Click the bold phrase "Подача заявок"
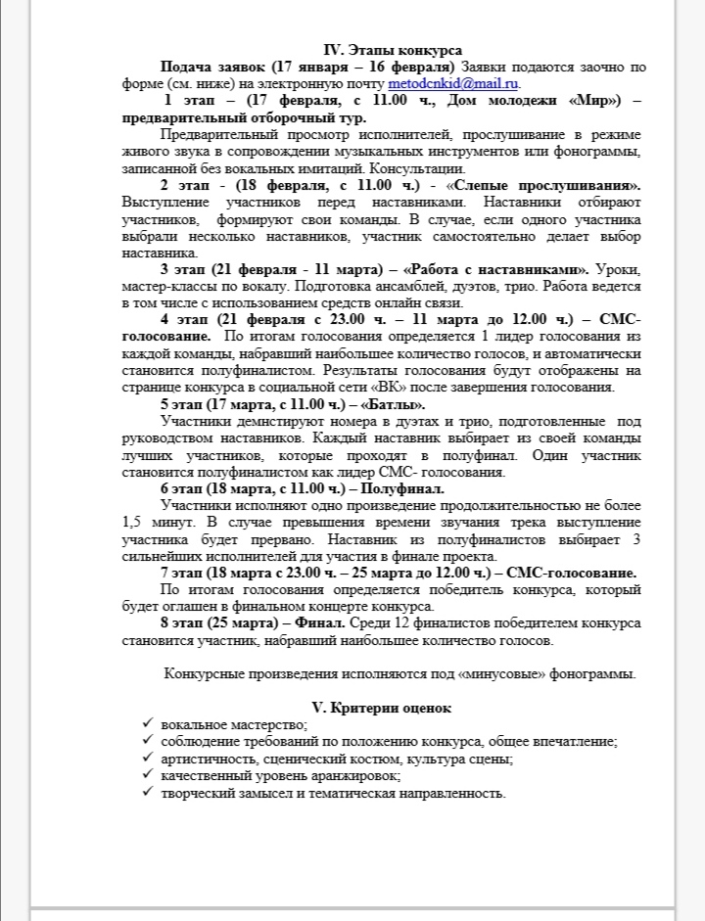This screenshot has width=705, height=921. pos(212,67)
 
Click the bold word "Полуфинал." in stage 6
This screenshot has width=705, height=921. pos(402,487)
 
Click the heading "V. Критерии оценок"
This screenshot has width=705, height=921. pos(380,707)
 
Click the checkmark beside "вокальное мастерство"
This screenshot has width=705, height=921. pos(147,723)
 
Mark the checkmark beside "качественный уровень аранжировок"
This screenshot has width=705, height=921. pos(147,774)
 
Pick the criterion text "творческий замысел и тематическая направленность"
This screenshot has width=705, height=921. pos(334,792)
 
